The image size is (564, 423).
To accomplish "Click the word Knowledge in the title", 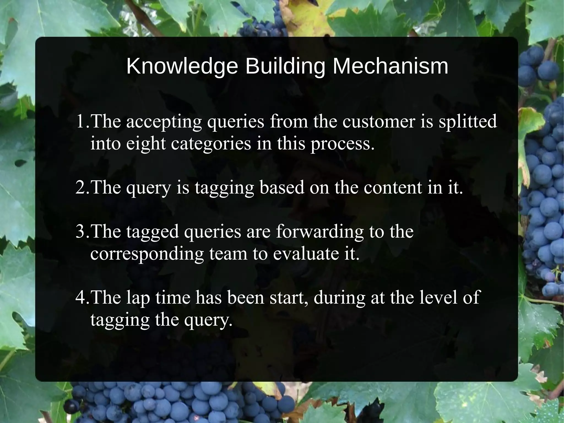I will pyautogui.click(x=182, y=67).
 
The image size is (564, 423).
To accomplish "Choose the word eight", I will pyautogui.click(x=146, y=144).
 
